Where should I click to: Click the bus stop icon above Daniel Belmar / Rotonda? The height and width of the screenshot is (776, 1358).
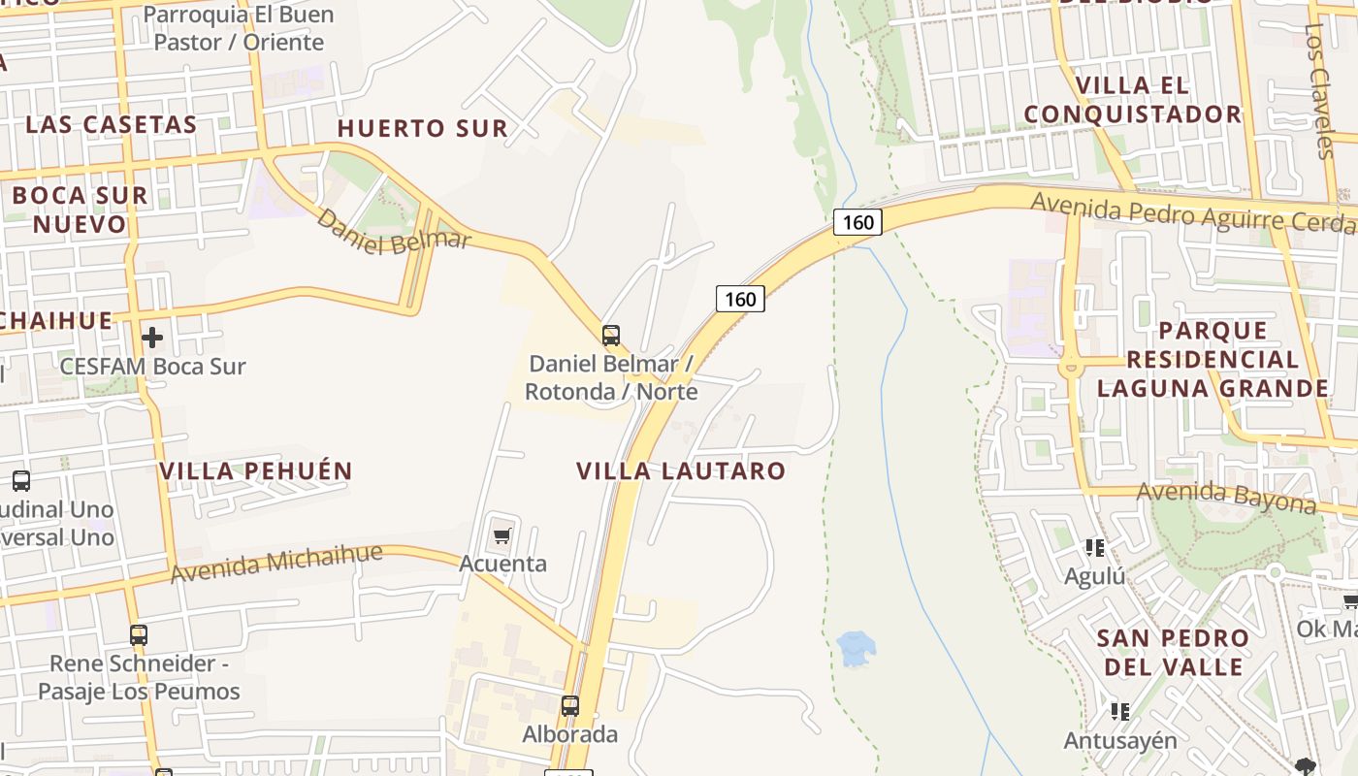point(610,336)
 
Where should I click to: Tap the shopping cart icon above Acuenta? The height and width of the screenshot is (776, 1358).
point(501,535)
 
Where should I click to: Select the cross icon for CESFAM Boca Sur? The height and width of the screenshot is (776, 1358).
point(152,338)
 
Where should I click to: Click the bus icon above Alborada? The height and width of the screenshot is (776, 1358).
point(570,706)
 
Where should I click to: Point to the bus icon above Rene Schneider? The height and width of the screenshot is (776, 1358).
point(139,635)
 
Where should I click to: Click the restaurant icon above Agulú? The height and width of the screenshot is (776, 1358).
point(1095,548)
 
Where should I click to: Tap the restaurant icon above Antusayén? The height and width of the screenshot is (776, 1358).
point(1120,712)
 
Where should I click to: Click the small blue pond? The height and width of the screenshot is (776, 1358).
point(856,648)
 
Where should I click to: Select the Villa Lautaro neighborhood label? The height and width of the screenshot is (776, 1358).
point(681,471)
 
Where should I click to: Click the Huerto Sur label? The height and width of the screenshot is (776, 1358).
point(422,128)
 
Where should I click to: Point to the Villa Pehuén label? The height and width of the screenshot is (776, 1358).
point(256,471)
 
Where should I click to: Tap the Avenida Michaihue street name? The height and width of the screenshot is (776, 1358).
point(276,564)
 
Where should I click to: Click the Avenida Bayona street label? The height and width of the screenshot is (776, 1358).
point(1225,497)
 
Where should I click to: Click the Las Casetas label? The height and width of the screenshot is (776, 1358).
point(111,124)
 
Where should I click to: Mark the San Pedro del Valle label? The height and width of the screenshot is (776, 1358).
point(1173,652)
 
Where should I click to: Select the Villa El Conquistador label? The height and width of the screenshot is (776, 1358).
point(1132,100)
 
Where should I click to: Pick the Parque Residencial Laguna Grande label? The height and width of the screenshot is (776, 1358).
point(1212,360)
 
